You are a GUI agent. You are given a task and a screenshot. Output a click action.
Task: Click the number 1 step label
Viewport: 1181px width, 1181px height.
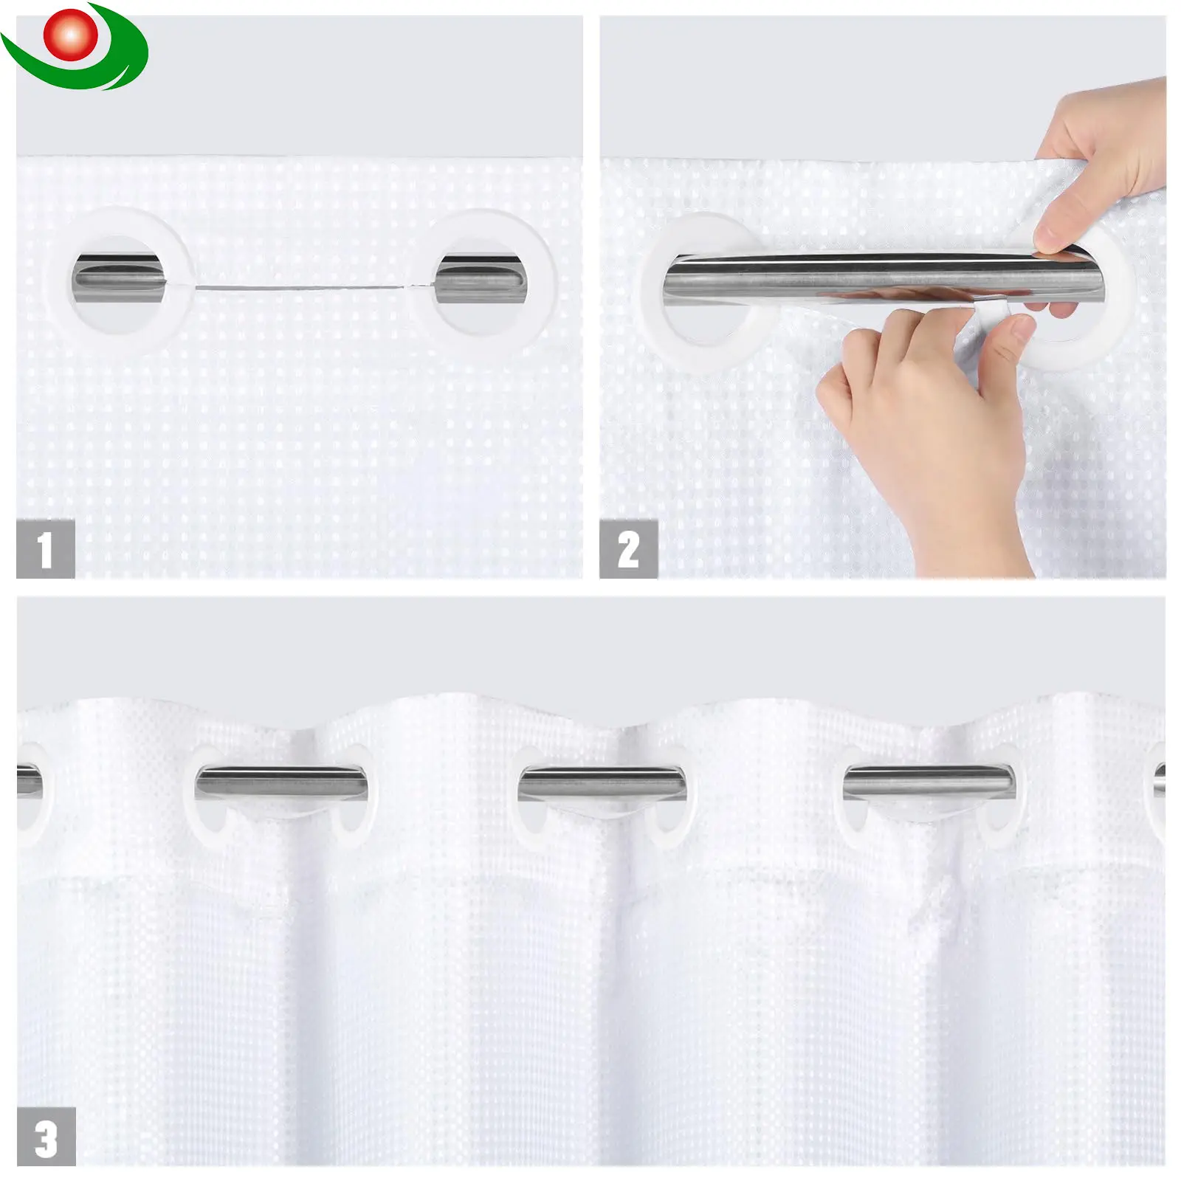46,548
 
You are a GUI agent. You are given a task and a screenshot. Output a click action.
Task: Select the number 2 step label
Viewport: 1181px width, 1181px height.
628,548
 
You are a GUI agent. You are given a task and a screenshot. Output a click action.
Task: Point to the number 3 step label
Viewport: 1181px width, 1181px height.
46,1136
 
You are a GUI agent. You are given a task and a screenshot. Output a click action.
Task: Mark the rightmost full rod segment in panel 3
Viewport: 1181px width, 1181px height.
929,782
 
